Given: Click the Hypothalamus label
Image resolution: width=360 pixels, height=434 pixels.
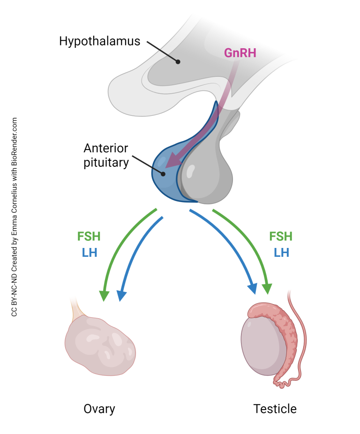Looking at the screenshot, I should [x=99, y=41].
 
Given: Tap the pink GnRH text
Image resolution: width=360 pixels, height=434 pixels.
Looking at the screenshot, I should [x=240, y=52].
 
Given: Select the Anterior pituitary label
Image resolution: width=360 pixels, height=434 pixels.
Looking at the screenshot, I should [x=105, y=156].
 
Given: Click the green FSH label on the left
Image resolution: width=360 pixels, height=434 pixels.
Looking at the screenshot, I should [x=89, y=236].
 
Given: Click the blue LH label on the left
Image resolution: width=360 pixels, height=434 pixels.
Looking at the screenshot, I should [x=89, y=252].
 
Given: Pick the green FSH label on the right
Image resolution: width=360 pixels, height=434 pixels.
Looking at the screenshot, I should [x=281, y=236].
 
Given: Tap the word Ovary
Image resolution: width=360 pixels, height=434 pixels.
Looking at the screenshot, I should [x=99, y=409].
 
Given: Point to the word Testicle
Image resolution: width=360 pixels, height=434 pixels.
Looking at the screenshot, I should [x=275, y=409].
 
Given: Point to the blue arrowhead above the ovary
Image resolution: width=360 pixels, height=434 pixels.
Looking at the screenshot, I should [x=121, y=295].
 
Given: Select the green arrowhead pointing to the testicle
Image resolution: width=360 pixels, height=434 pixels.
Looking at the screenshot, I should [x=268, y=287].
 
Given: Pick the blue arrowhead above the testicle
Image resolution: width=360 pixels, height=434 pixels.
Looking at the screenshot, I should [x=253, y=287].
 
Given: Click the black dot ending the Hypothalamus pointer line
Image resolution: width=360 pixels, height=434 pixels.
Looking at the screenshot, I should [x=178, y=61].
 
